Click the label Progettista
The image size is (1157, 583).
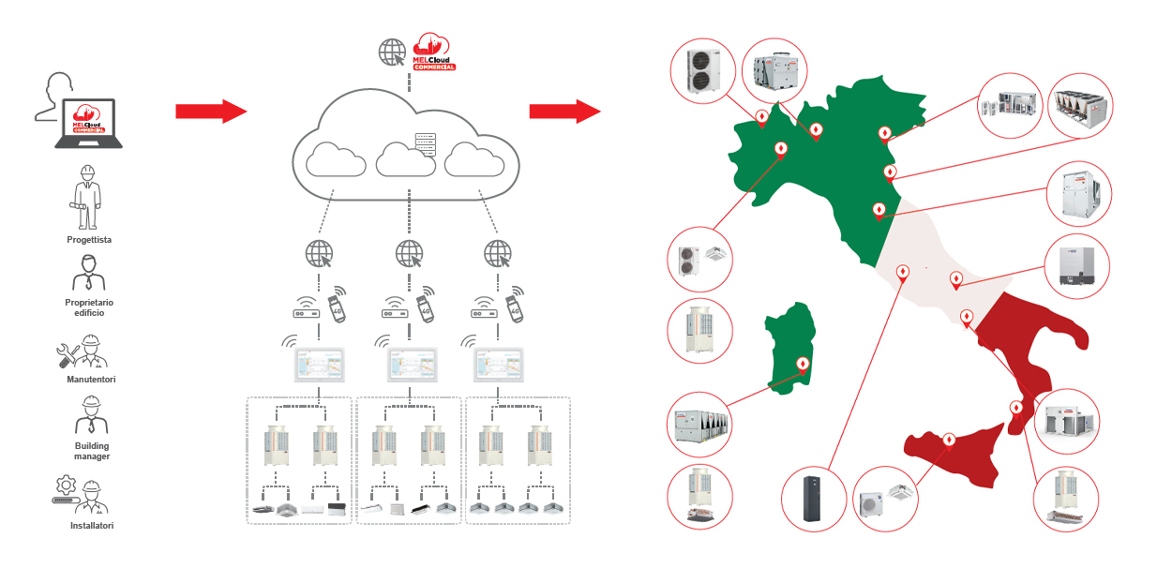[x=89, y=240]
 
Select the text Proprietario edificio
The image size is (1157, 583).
[x=89, y=307]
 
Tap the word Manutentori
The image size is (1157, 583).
[x=91, y=379]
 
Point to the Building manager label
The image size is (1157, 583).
[x=92, y=451]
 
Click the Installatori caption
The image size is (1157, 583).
[x=92, y=526]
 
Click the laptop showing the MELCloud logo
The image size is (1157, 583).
[x=88, y=123]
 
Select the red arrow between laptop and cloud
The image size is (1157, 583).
[x=210, y=112]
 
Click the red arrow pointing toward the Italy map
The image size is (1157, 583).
[x=564, y=112]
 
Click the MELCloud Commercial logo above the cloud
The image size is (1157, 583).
[x=434, y=53]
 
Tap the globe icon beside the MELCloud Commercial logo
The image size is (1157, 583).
[x=393, y=52]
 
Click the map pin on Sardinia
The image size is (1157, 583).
[x=803, y=366]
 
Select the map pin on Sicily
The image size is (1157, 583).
[x=948, y=440]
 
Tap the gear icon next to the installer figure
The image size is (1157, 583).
[x=66, y=486]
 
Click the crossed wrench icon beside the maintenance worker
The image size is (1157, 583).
[x=68, y=354]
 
